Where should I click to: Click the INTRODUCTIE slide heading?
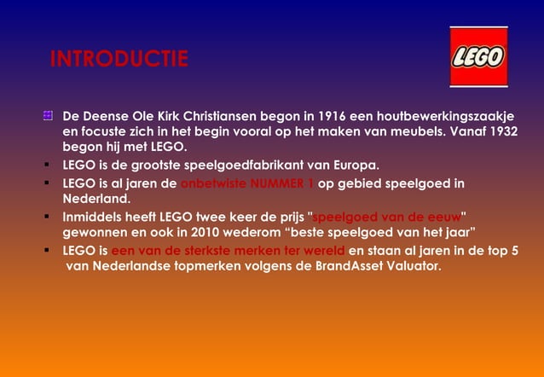[119, 60]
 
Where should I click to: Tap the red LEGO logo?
[478, 57]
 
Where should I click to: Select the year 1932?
[501, 132]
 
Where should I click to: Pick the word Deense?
[107, 116]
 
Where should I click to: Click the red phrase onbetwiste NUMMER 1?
[247, 183]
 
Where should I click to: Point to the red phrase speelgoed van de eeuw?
[387, 215]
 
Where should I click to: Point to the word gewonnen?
[95, 231]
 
